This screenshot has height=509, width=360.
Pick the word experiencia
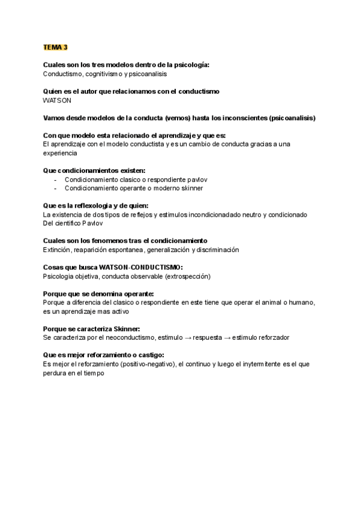(x=61, y=153)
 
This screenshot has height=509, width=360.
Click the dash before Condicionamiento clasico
(x=55, y=179)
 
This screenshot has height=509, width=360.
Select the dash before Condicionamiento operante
(x=55, y=188)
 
